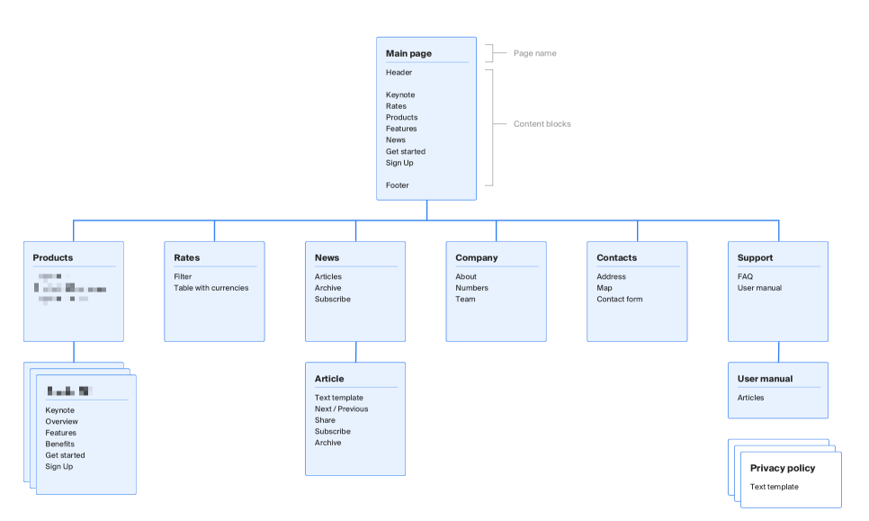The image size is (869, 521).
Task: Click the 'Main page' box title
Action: [x=408, y=53]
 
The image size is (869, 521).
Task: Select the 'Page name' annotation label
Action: [x=534, y=53]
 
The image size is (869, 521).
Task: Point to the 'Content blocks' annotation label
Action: [x=542, y=124]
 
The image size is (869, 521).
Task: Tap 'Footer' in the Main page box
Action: [x=397, y=185]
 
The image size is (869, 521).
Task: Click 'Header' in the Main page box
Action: [x=399, y=72]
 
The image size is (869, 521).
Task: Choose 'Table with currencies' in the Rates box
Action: [x=211, y=288]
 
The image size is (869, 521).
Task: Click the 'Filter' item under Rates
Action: [x=183, y=276]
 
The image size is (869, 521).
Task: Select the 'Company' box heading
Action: [x=476, y=257]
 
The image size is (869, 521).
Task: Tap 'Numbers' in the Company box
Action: [x=471, y=288]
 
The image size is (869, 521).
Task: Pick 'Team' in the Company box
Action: [x=465, y=299]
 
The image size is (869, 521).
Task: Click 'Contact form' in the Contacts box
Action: [x=619, y=299]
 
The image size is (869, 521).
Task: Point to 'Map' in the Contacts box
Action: [x=604, y=288]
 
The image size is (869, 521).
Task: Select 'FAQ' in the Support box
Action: [x=745, y=276]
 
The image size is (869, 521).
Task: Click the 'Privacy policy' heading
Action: [x=783, y=468]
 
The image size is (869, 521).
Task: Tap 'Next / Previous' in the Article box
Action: [x=341, y=409]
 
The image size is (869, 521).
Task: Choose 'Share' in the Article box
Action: [x=325, y=420]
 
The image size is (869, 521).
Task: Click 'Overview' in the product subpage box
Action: [x=61, y=421]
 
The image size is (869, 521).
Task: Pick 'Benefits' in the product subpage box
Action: [x=59, y=444]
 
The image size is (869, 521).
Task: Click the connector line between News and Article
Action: [x=355, y=352]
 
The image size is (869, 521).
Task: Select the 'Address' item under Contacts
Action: [x=611, y=276]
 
